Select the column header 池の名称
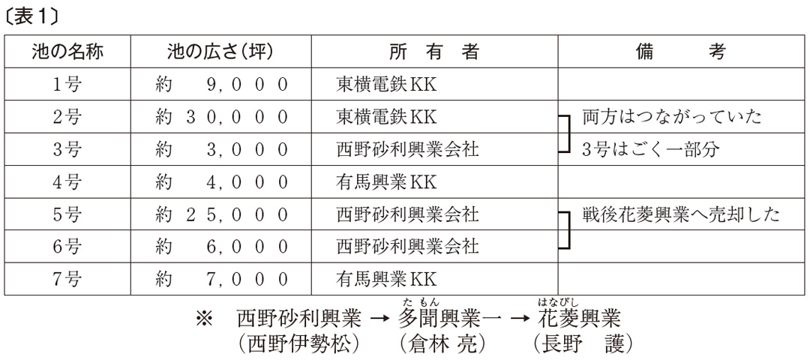(x=67, y=52)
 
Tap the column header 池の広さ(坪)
(x=220, y=52)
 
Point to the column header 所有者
(x=434, y=52)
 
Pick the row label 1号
(x=67, y=84)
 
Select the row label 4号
(x=67, y=181)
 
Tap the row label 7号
(x=67, y=280)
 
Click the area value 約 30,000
(x=221, y=117)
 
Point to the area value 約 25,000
(x=221, y=214)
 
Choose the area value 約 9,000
(x=221, y=84)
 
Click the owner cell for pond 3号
(x=407, y=150)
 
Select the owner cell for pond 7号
(x=386, y=280)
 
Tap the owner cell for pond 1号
(x=386, y=84)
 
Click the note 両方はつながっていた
(x=671, y=117)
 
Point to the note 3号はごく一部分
(x=650, y=150)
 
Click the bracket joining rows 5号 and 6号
(x=568, y=230)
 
